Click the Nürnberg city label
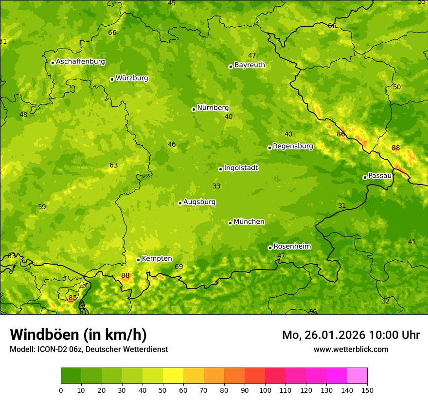click(x=213, y=108)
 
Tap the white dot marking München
click(x=230, y=223)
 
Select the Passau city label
click(x=380, y=176)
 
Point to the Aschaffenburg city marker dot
click(x=53, y=63)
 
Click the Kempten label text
click(x=157, y=259)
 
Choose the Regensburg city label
click(x=293, y=146)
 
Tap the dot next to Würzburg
click(x=112, y=79)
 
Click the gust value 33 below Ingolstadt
click(x=216, y=186)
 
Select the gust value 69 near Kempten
click(x=179, y=267)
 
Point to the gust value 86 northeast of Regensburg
click(x=341, y=134)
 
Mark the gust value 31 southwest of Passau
click(x=342, y=206)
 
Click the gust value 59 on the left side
click(x=42, y=207)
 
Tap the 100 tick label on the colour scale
click(x=265, y=390)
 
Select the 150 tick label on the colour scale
click(x=367, y=390)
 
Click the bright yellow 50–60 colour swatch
click(x=173, y=376)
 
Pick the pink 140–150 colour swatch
click(x=357, y=376)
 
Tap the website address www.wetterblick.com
click(x=351, y=350)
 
